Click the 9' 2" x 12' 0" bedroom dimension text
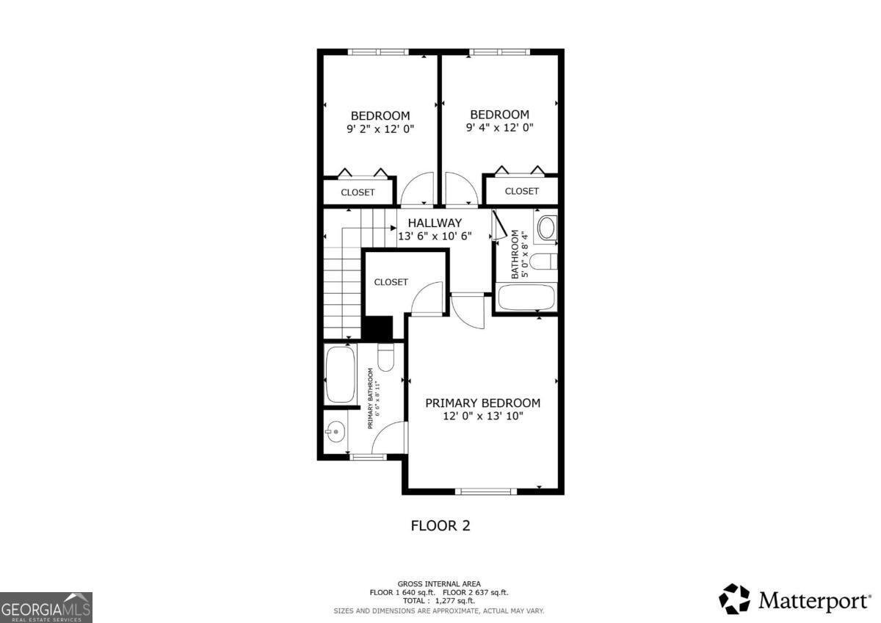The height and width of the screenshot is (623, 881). pos(380,129)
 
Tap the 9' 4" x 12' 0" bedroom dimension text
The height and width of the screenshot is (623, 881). pos(499,127)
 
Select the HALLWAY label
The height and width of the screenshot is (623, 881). pos(435,223)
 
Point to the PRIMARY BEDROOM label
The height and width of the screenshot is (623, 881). pos(483,403)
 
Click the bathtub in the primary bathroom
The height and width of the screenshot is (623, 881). pos(340,374)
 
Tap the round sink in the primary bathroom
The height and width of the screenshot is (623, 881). pos(336,431)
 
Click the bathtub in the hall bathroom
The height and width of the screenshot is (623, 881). pos(526,298)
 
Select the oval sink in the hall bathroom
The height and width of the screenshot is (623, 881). pos(547,228)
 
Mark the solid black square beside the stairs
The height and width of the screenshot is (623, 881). pos(378,328)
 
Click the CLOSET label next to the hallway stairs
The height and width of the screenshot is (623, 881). pos(391,282)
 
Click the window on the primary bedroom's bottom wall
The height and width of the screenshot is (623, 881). pos(485,491)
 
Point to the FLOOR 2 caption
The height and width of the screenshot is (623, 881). pos(440,525)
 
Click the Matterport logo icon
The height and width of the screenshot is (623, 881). pos(734,599)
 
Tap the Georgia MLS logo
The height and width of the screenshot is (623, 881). pos(46,607)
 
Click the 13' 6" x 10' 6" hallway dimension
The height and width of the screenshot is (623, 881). pos(435,237)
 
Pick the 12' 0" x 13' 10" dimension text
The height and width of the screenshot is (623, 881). pos(483,416)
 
